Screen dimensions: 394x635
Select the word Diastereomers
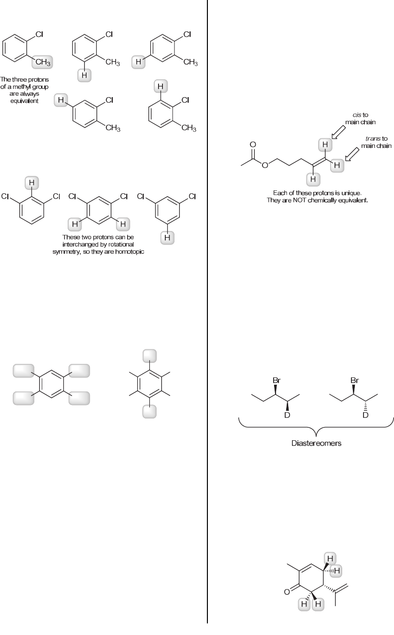pos(316,443)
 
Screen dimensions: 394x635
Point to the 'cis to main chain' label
pos(361,119)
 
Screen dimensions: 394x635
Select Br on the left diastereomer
pos(277,381)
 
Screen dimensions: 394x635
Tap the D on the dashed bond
pos(365,415)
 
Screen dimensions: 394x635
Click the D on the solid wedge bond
pos(287,415)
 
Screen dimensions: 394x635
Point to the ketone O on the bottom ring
pos(288,592)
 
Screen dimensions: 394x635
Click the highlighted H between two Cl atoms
pos(31,183)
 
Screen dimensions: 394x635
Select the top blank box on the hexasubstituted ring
pos(149,356)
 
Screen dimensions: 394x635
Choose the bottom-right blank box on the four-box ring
pos(79,398)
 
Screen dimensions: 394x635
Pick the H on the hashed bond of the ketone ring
pos(337,571)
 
